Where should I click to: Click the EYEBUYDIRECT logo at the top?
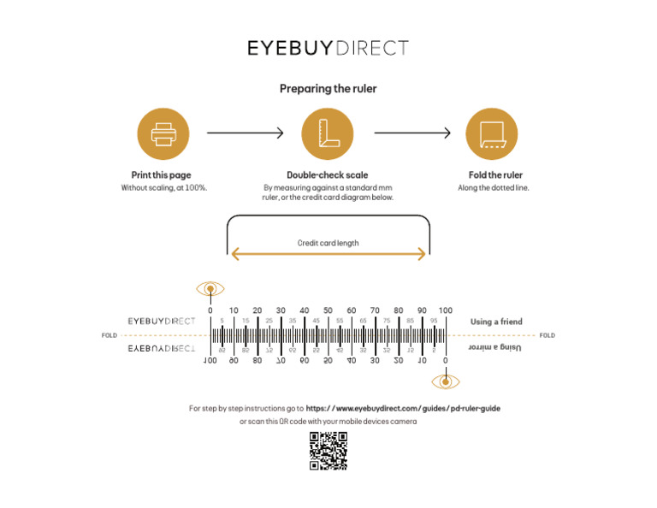tap(328, 48)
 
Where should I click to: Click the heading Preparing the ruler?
tap(328, 88)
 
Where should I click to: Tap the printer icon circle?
tap(163, 134)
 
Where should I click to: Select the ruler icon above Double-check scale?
tap(328, 134)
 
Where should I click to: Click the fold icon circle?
tap(491, 134)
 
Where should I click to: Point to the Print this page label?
tap(163, 175)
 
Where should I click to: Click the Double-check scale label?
tap(328, 175)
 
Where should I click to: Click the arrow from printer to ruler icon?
tap(245, 133)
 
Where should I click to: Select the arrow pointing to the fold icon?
tap(412, 133)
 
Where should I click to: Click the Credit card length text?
tap(328, 243)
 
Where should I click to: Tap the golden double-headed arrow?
tap(328, 254)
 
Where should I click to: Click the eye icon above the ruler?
tap(210, 288)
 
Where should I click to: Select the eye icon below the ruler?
tap(445, 381)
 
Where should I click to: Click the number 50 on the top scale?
tap(328, 310)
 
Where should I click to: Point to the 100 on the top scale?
tap(445, 310)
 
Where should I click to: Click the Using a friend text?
tap(496, 322)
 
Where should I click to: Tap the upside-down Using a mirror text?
tap(496, 347)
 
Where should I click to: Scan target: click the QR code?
tap(328, 451)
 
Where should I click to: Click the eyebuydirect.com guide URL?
tap(403, 409)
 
